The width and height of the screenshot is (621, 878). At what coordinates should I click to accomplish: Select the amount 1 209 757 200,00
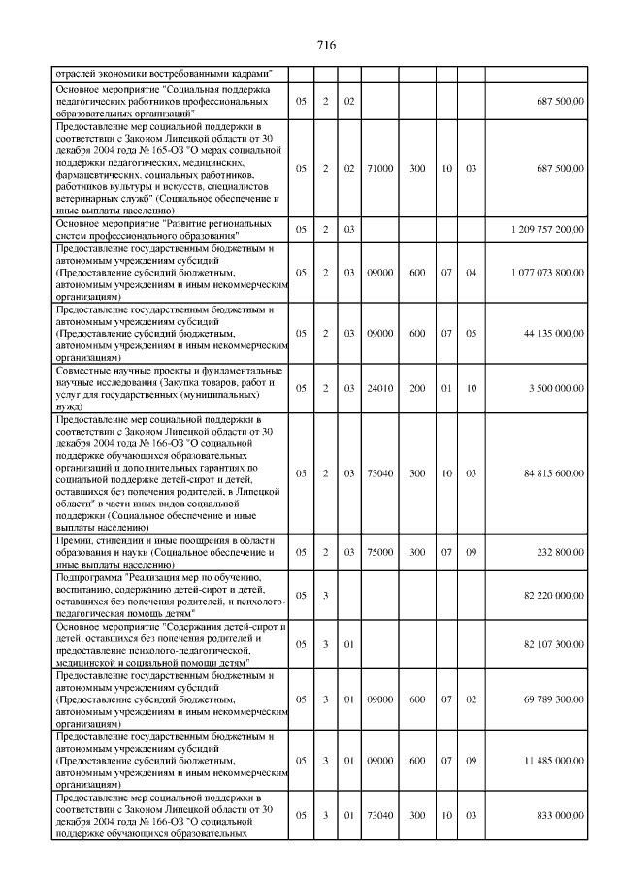click(547, 230)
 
